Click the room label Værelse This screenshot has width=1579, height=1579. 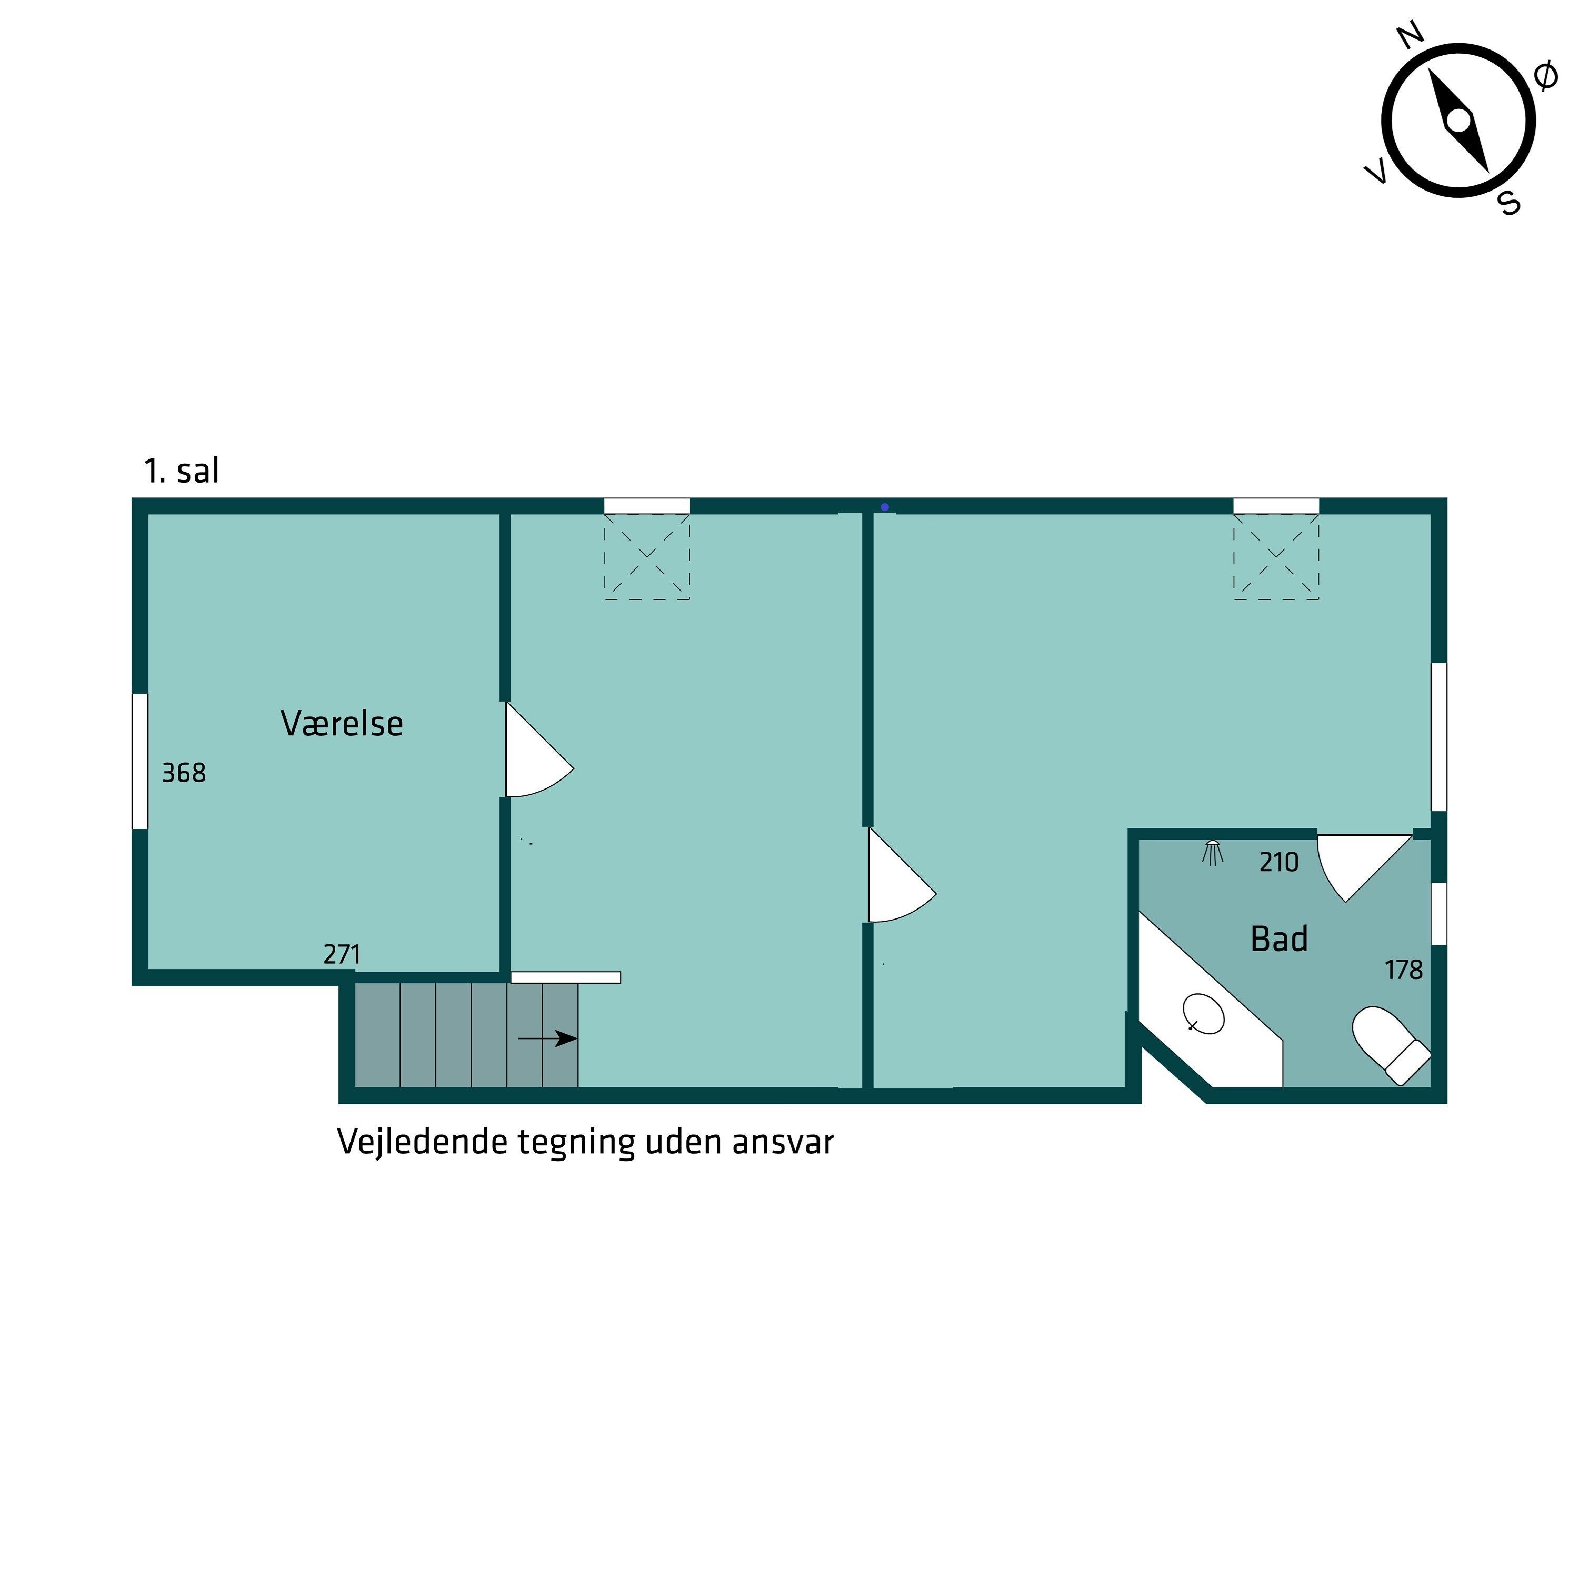point(342,723)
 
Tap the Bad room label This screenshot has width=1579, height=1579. point(1279,939)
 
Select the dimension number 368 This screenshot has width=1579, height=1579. point(184,772)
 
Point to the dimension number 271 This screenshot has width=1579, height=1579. point(342,954)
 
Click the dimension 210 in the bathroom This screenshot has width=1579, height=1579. point(1279,862)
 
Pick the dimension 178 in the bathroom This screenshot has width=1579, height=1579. point(1403,970)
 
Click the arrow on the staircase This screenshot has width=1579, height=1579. point(547,1039)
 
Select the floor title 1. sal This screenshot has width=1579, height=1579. point(182,471)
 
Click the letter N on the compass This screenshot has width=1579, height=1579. point(1411,36)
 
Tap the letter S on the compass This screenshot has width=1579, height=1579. point(1510,202)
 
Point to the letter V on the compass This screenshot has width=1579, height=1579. point(1376,172)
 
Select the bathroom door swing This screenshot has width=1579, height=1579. point(1365,868)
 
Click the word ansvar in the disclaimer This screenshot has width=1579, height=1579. point(783,1142)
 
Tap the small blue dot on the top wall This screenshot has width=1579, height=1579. point(884,507)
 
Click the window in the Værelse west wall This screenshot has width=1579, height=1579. point(140,761)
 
